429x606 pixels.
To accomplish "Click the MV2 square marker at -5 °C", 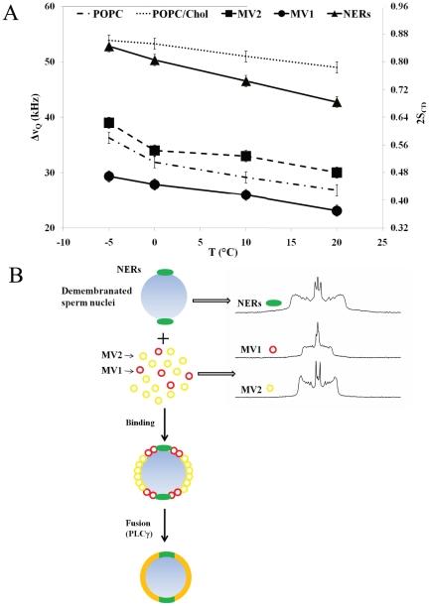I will (x=109, y=123).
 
